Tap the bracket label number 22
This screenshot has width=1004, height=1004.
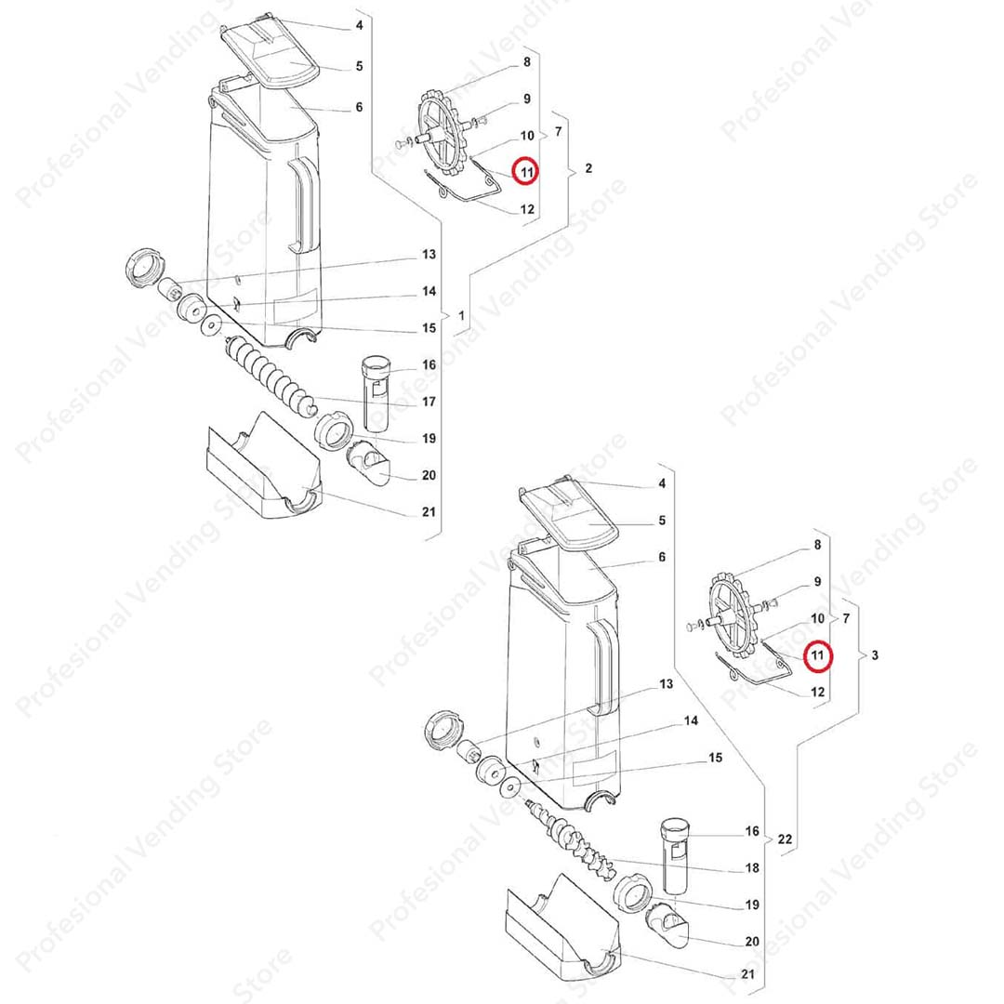tap(785, 839)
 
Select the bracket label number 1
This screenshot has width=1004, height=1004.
tap(461, 316)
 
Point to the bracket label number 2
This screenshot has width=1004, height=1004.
tap(588, 168)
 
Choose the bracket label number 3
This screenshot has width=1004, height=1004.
tap(875, 655)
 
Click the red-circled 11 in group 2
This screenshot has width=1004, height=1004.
tap(527, 172)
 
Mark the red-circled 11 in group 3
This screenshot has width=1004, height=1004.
tap(818, 655)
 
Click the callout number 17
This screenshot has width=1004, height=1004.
tap(429, 402)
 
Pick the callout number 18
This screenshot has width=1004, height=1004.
tap(752, 867)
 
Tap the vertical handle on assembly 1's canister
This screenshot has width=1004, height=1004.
tap(303, 205)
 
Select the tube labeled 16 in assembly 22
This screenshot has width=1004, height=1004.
tap(674, 857)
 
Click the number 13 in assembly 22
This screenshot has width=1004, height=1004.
tap(666, 684)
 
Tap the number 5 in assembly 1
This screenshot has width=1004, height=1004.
tap(359, 66)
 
